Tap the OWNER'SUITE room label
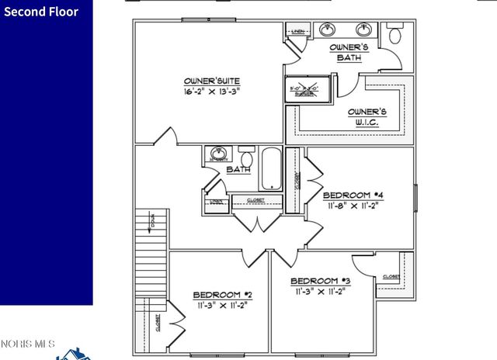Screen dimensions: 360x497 coord(211,81)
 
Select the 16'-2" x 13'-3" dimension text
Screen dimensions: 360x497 coord(211,91)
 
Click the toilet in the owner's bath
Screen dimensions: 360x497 coord(395,34)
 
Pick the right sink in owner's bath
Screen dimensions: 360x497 coord(363,30)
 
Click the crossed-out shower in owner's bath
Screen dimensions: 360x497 coord(308,90)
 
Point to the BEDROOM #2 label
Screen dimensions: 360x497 coord(222,295)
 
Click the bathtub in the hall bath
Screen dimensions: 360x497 coord(269,168)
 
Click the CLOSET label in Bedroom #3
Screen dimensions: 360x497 coord(391,276)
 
